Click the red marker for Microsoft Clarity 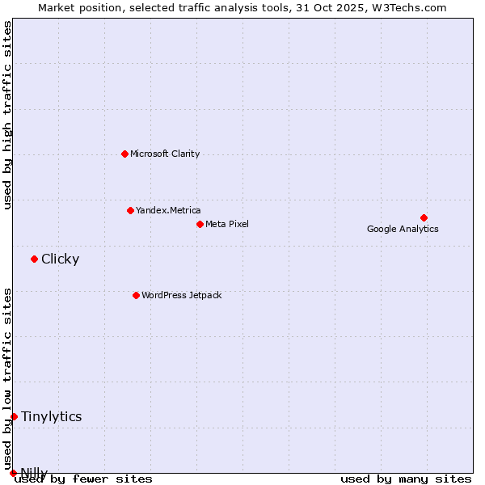coord(124,154)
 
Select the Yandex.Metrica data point coord(130,210)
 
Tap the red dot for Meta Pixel coord(200,224)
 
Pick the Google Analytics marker coord(424,217)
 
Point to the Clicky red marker coord(34,259)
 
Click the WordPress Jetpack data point coord(136,295)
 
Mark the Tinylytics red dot coord(14,416)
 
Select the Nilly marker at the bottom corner coord(13,473)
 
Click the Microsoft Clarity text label coord(165,154)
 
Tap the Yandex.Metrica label coord(168,210)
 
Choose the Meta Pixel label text coord(227,224)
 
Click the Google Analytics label coord(403,229)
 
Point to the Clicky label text coord(60,259)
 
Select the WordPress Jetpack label coord(181,295)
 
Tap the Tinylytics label coord(51,416)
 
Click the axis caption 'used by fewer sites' coord(83,479)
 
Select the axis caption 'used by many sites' coord(406,479)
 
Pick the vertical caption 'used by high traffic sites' coord(7,115)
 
